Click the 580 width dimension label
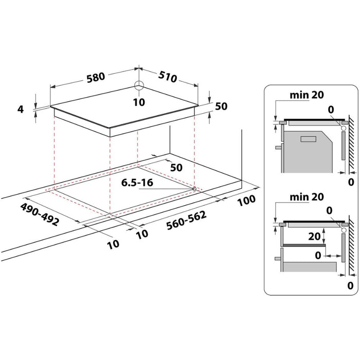click(x=96, y=77)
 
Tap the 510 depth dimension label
click(x=168, y=77)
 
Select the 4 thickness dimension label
click(x=21, y=109)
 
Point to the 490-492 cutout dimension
click(x=40, y=214)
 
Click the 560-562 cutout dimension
click(x=186, y=221)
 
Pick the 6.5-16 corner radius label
click(x=137, y=183)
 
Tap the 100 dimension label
click(x=246, y=201)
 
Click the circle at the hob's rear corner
click(x=139, y=86)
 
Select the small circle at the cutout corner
click(x=194, y=189)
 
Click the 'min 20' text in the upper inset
click(x=307, y=95)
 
